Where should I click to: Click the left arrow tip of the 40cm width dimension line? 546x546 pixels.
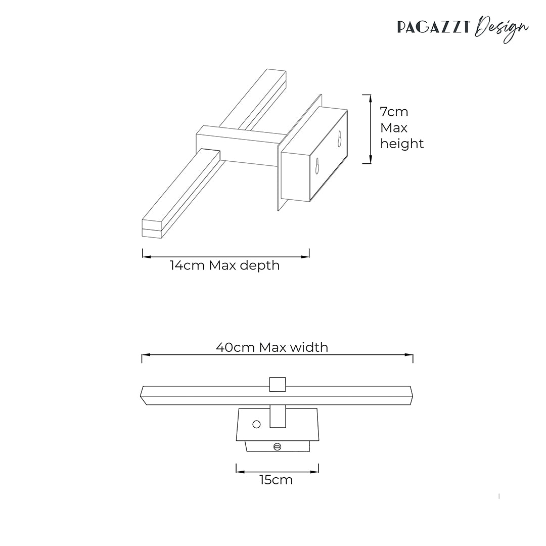coord(142,355)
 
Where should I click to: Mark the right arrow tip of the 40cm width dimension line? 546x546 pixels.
coord(413,355)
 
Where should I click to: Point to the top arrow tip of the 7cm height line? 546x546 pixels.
coord(371,95)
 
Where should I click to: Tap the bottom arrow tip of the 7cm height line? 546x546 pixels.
coord(371,163)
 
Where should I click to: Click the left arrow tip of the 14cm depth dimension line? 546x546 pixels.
coord(143,257)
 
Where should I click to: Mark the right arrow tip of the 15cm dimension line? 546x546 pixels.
coord(318,472)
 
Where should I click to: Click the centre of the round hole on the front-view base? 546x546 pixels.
coord(256,425)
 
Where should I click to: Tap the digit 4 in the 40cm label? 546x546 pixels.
coord(220,347)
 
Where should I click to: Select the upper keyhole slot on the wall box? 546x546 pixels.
coord(340,139)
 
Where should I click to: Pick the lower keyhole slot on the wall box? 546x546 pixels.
coord(317,166)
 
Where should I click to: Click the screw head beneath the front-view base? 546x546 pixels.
coord(278,446)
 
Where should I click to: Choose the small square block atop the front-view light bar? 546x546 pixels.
coord(278,384)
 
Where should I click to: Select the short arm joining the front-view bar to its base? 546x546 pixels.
coord(278,417)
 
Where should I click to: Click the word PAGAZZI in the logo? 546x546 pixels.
coord(434,27)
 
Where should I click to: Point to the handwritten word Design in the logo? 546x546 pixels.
coord(502,29)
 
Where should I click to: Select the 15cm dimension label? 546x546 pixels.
coord(276,480)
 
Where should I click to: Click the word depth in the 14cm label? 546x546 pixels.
coord(260,266)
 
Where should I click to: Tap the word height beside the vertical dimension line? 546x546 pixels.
coord(402,144)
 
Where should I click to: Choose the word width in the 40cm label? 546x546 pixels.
coord(309,347)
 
